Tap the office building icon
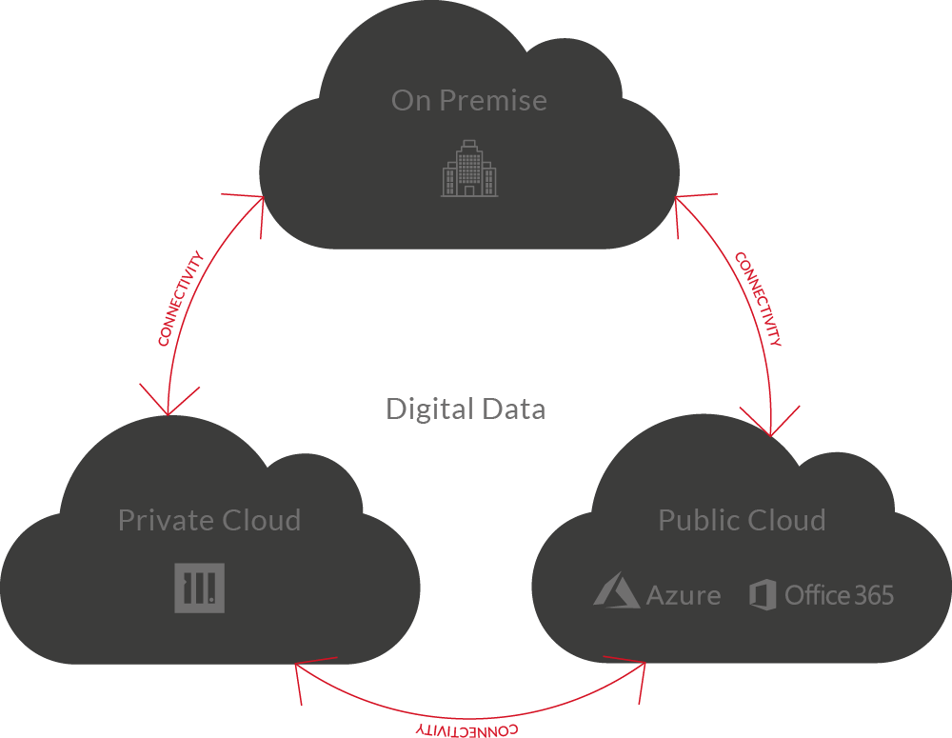[469, 169]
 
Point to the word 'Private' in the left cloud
[162, 520]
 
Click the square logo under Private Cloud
[200, 588]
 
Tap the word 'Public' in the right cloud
[698, 520]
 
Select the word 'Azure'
[684, 596]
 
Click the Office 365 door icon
[763, 594]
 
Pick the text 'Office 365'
[839, 595]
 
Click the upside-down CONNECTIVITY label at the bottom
[466, 729]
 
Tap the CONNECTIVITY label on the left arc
[181, 298]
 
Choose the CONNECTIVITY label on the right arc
[759, 299]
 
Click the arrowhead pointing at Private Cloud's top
[169, 405]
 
